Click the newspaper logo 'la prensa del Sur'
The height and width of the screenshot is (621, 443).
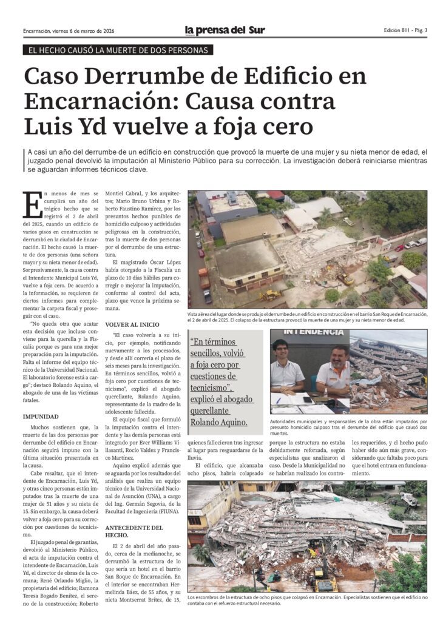coord(225,30)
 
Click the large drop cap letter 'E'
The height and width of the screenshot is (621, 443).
coord(32,206)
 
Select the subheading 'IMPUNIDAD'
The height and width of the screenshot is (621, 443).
coord(41,417)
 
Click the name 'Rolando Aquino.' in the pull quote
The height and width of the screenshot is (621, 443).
coord(218,421)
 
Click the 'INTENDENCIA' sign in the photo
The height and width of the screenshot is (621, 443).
coord(309,332)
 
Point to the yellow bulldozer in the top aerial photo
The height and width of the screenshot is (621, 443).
coord(269,295)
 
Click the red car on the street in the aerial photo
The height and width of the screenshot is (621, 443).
coord(201,253)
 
